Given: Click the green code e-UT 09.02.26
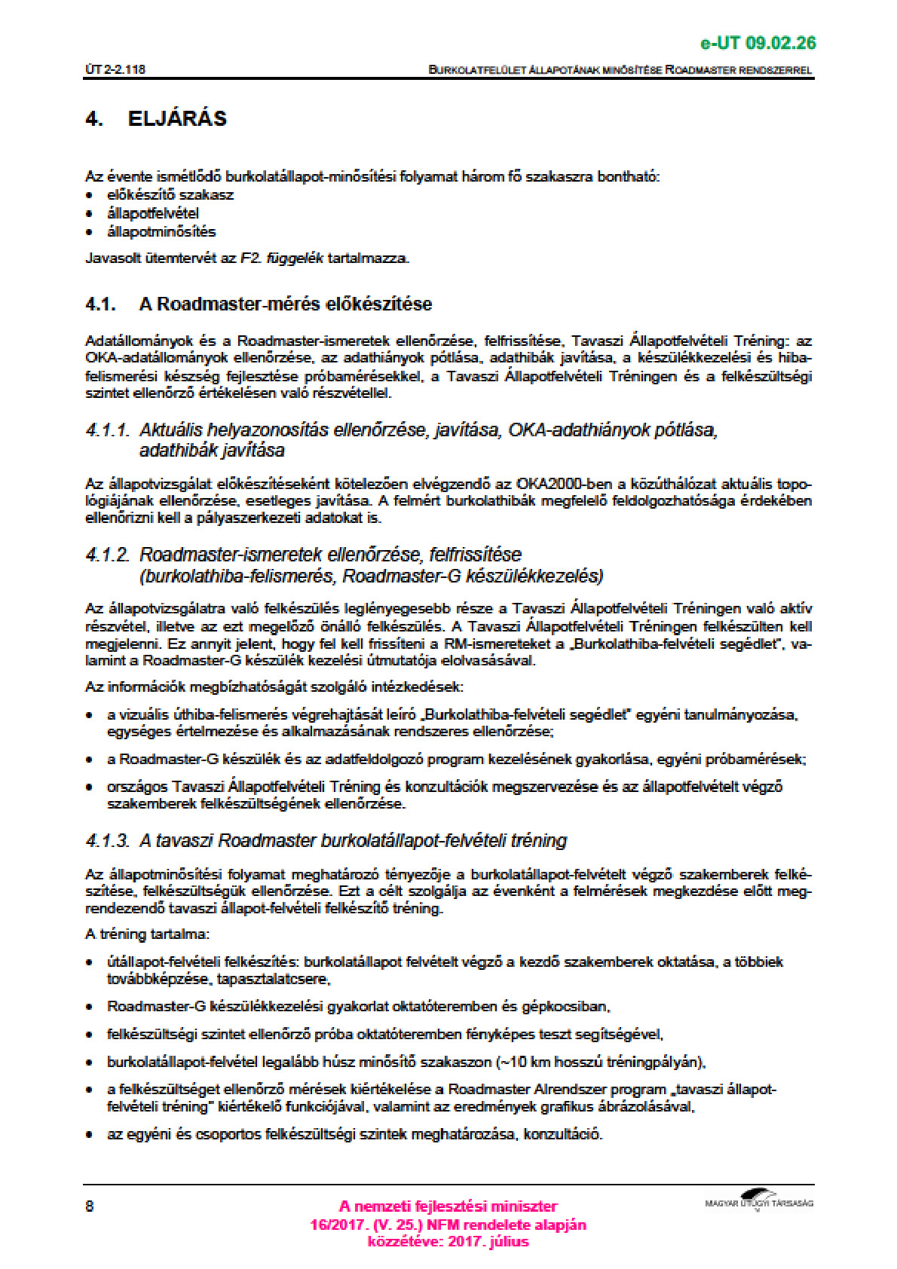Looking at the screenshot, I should [758, 43].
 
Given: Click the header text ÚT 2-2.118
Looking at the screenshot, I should [115, 69].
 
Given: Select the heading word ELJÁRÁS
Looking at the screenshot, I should [177, 119].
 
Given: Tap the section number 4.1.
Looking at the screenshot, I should [100, 304].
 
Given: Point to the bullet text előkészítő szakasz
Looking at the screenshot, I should [170, 194].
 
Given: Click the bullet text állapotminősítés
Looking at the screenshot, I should [161, 231].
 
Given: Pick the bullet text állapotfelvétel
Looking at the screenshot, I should [153, 213].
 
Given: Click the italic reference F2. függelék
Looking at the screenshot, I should [282, 258].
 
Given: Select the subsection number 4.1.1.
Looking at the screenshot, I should [108, 430].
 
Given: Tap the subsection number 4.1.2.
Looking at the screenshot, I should [108, 555].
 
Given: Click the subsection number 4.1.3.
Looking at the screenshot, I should [108, 841].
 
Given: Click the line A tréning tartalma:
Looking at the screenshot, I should [147, 934].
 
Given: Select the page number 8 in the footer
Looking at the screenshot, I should [90, 1206].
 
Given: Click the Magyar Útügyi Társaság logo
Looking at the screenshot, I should [758, 1200].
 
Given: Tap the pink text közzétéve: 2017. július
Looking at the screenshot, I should [448, 1242].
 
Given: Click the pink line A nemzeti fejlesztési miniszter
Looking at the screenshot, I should [448, 1206].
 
